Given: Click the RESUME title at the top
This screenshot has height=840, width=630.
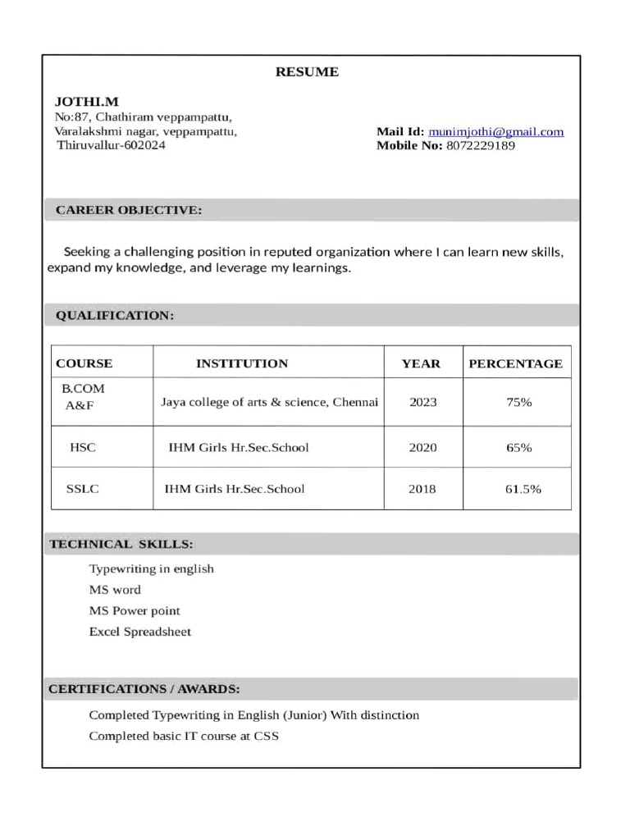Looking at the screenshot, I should tap(306, 72).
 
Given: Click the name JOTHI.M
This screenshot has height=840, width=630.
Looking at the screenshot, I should tap(86, 102).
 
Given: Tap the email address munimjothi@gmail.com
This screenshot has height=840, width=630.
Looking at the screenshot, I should tap(495, 131).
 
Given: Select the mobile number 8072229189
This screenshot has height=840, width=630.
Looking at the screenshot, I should tap(481, 146).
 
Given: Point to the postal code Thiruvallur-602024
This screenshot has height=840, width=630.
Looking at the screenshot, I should tap(111, 145).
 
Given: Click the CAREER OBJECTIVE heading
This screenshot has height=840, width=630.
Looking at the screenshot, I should tap(128, 211).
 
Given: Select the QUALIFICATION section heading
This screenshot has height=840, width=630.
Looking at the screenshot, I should tap(114, 316).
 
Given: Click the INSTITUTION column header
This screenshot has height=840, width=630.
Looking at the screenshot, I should tap(242, 363).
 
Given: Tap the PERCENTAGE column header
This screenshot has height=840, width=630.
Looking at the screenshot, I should tap(515, 363).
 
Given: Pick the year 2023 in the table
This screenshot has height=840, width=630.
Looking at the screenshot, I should tap(422, 403).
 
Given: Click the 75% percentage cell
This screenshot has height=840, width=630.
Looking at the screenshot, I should tap(519, 403).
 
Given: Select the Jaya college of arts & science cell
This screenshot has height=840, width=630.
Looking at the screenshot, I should tap(269, 403).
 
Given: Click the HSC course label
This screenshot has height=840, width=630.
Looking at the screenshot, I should tap(83, 448).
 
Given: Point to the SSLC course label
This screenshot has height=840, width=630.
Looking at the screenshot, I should tap(82, 489).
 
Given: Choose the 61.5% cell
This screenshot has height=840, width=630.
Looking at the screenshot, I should tap(523, 489).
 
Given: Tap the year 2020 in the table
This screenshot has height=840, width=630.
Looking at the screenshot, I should tap(422, 448).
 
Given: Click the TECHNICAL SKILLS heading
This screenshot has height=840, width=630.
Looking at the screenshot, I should tap(121, 544).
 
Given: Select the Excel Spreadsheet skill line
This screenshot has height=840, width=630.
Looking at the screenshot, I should tap(139, 632).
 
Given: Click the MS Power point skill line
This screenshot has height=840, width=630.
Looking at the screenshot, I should tap(134, 611).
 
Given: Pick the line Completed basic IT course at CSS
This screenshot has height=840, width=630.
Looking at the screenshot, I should tap(184, 736).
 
